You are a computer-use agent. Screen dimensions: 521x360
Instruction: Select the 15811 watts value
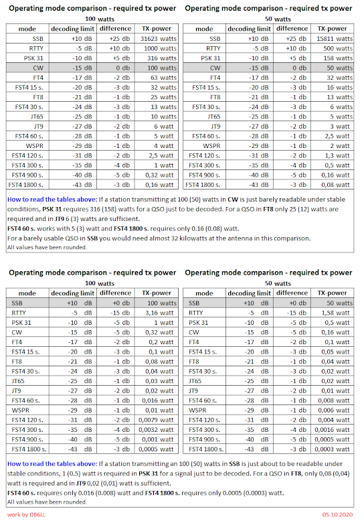[334, 38]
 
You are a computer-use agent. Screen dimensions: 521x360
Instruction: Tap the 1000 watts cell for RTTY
[155, 48]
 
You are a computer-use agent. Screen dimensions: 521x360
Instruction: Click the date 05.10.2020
[337, 514]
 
